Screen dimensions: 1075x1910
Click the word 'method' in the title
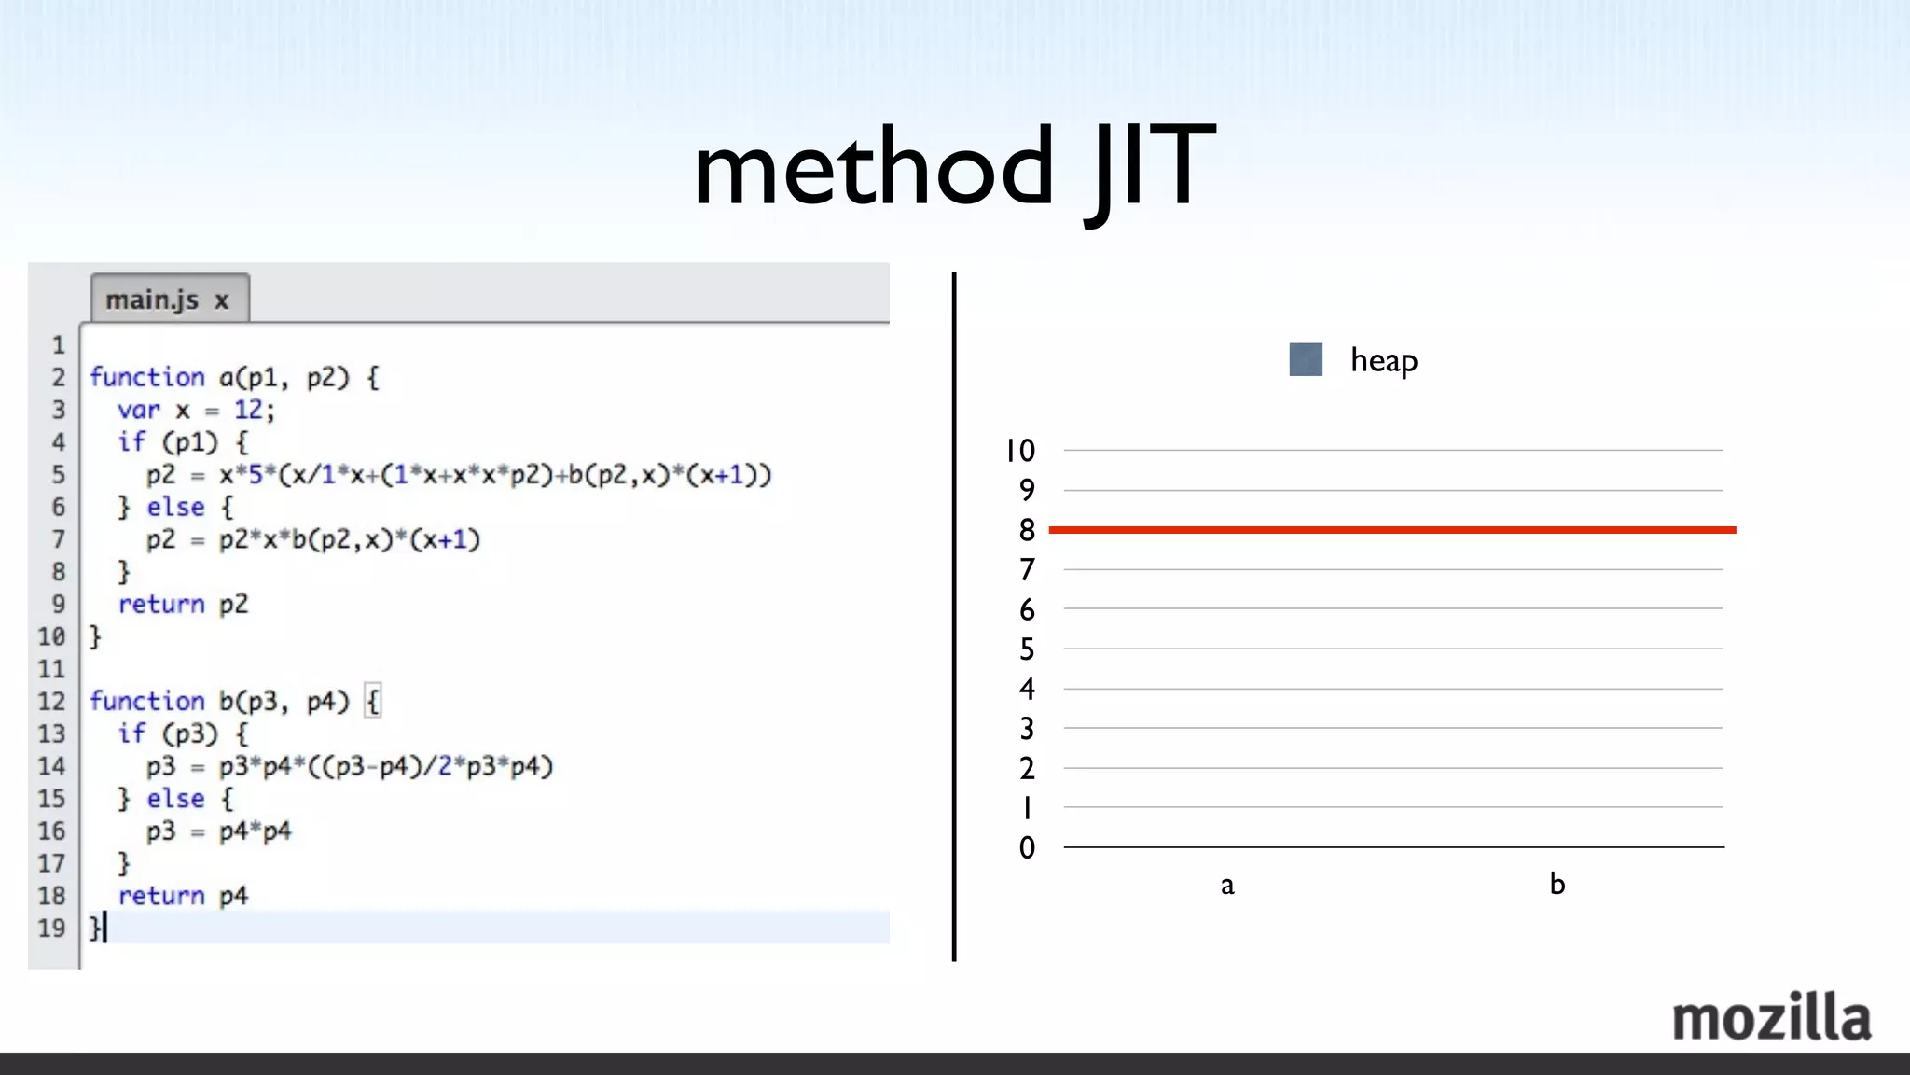(873, 168)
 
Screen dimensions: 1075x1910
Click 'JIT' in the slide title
(1149, 168)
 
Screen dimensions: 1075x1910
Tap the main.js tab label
(152, 300)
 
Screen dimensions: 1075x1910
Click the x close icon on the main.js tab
(222, 300)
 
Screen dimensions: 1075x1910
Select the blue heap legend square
(1306, 359)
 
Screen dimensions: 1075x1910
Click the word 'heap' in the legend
(1383, 360)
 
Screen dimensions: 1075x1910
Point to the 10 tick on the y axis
(1020, 451)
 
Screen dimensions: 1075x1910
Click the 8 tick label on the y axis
(1027, 530)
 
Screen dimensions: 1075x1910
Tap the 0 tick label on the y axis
(1027, 847)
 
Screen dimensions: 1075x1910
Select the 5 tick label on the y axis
(1027, 649)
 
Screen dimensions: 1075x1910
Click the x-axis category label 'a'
(1227, 885)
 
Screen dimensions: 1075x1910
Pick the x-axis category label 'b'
(1557, 884)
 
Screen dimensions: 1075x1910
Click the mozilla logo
(1771, 1018)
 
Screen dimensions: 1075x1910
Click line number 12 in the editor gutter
(51, 701)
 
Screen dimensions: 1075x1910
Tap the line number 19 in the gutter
(51, 928)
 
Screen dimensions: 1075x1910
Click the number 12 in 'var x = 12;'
(248, 410)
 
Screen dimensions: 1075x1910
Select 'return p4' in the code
(183, 896)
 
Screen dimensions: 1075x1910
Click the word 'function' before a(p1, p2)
(146, 377)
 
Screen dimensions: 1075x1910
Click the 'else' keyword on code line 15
(175, 799)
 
